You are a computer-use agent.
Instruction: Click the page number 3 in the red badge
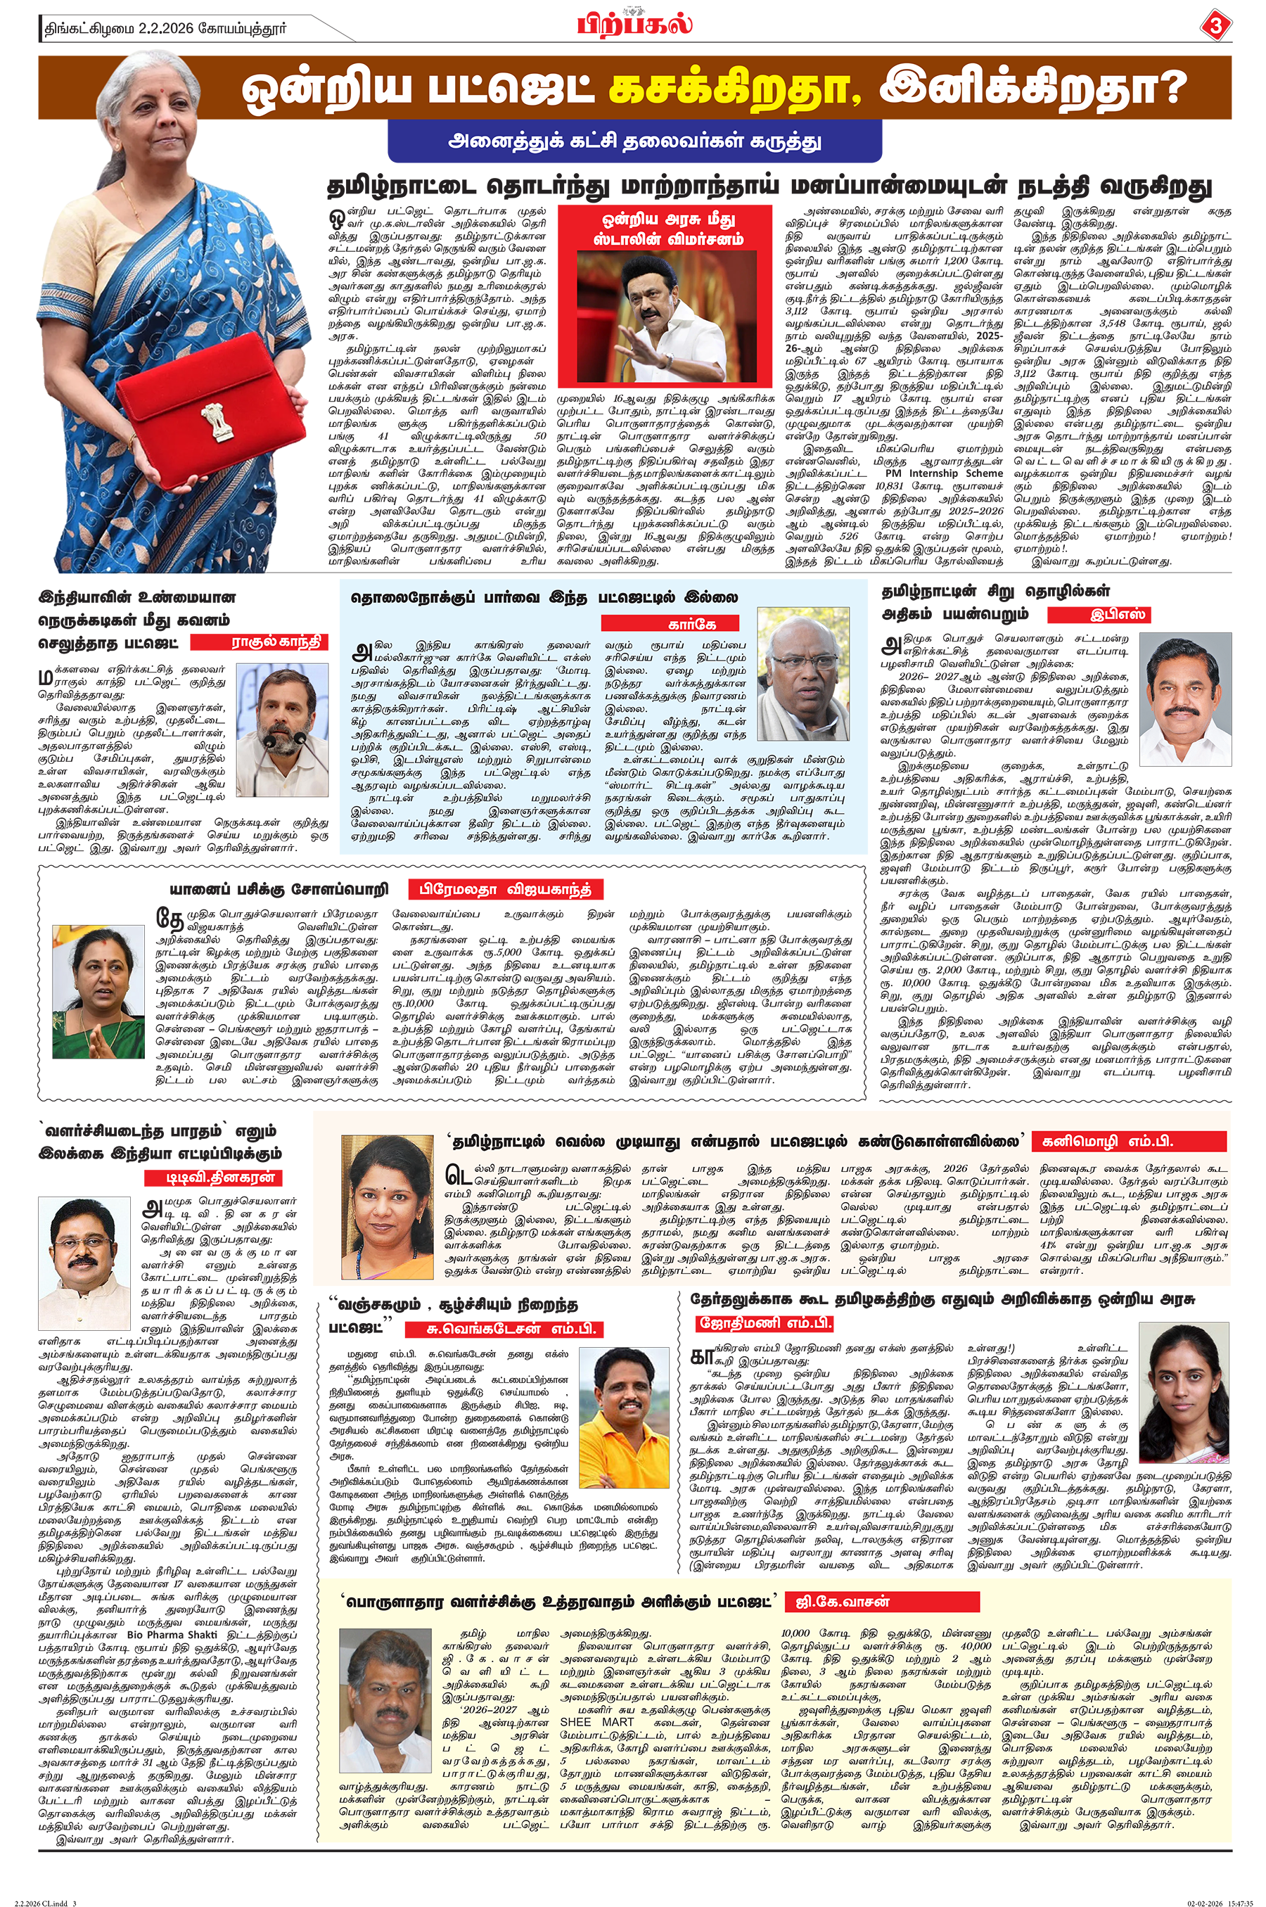point(1216,27)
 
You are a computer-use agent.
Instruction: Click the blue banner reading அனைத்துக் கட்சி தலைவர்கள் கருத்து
point(634,141)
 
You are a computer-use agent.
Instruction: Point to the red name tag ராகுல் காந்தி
point(276,642)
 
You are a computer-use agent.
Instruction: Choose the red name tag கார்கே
point(670,623)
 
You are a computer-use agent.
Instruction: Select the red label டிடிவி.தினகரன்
point(220,1177)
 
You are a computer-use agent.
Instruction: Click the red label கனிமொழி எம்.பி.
point(1130,1142)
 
